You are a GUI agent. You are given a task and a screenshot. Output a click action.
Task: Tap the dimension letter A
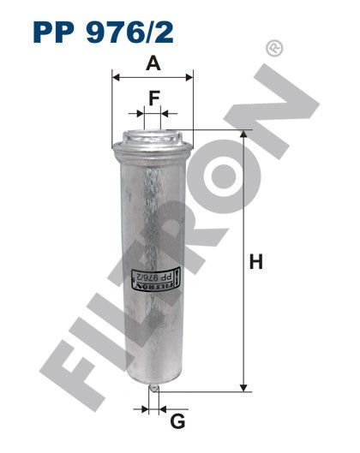[153, 63]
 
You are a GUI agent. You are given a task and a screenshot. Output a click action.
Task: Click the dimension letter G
[177, 420]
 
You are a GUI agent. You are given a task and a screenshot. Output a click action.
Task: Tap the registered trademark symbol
[273, 50]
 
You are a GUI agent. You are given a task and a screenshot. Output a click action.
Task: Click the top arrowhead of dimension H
[245, 135]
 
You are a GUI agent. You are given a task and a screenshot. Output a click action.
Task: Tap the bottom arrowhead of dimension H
[245, 384]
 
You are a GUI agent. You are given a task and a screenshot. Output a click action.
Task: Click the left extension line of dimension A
[112, 103]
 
